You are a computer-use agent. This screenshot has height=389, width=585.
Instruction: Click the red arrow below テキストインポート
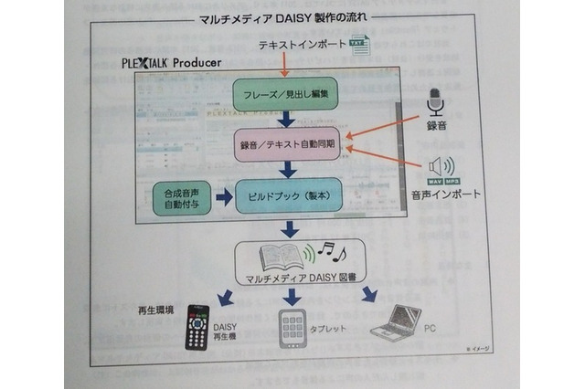click(x=286, y=64)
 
